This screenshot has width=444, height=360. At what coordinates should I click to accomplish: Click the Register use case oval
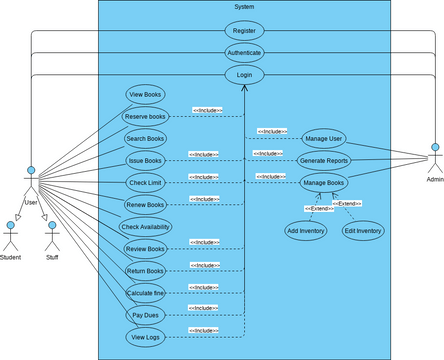pos(244,31)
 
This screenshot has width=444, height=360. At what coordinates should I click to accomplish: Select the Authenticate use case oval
pos(244,53)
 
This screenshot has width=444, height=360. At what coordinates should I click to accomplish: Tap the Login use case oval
pos(244,75)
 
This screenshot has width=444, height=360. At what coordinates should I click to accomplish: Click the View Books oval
pos(146,94)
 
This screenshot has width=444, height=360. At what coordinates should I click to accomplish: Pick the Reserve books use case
pos(146,116)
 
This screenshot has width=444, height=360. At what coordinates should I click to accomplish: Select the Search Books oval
pos(146,138)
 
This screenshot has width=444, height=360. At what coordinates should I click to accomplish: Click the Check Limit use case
pos(146,182)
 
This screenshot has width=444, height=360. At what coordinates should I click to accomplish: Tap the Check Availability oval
pos(145,226)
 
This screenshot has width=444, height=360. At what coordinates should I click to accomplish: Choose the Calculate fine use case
pos(146,292)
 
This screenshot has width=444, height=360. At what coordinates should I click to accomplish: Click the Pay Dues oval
pos(146,314)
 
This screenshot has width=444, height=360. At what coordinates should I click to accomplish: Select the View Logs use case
pos(146,337)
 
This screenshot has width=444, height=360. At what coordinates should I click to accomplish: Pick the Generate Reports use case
pos(323,160)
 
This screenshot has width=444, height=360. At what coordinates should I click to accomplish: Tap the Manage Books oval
pos(323,183)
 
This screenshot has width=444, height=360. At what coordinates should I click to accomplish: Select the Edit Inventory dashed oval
pos(362,231)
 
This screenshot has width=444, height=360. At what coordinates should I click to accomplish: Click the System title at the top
pos(244,7)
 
